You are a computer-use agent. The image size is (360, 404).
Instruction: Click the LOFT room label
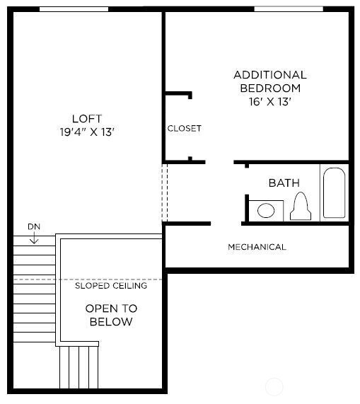(x=86, y=118)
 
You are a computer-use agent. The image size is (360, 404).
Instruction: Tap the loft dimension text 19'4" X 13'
(x=86, y=132)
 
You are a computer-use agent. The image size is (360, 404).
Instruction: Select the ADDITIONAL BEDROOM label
(x=269, y=81)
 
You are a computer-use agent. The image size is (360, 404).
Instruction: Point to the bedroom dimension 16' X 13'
(x=269, y=101)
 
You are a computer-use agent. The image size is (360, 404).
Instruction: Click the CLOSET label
(x=184, y=128)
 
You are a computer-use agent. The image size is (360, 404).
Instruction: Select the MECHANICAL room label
(x=257, y=247)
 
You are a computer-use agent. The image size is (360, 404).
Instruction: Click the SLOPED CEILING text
(x=111, y=286)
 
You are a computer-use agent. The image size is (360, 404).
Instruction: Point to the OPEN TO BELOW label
(x=111, y=315)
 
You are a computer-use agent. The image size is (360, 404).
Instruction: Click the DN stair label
(x=34, y=226)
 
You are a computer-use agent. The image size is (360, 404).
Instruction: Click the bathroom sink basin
(x=267, y=210)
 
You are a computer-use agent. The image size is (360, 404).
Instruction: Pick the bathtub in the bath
(x=334, y=192)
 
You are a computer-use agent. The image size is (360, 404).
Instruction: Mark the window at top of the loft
(x=74, y=9)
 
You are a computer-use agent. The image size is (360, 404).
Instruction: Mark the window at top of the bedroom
(x=289, y=9)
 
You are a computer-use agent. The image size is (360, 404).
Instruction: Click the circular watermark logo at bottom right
(x=274, y=387)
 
